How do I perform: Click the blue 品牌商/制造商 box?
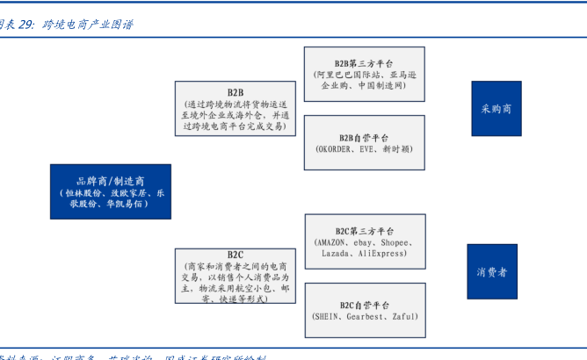(111, 191)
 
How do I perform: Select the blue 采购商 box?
(496, 108)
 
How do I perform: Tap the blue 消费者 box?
(492, 271)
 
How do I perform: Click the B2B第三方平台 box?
(365, 74)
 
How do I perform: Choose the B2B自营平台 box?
(365, 143)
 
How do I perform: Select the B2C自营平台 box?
(365, 310)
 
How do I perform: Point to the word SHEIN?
(329, 316)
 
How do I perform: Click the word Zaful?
(402, 316)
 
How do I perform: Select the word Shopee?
(395, 242)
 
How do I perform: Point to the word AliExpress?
(381, 253)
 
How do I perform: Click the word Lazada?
(336, 253)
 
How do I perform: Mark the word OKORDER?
(335, 150)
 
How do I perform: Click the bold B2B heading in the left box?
(236, 92)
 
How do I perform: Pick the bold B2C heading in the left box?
(236, 255)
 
